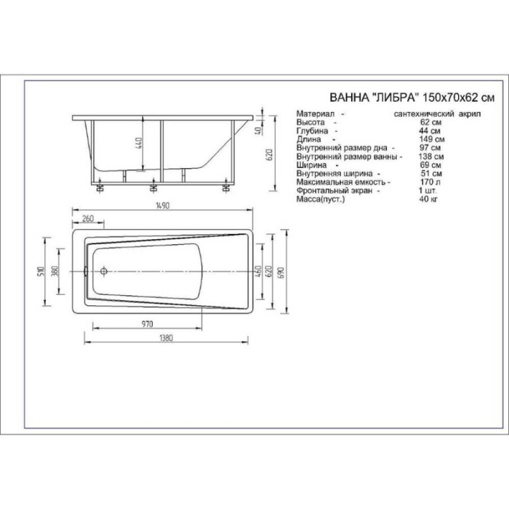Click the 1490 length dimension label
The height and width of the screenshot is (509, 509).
[x=163, y=206]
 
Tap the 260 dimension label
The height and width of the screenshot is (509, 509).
[x=88, y=218]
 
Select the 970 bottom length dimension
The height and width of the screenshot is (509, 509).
[x=147, y=324]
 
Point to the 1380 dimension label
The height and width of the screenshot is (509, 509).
[x=166, y=338]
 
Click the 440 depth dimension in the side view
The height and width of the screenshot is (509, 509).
[x=138, y=143]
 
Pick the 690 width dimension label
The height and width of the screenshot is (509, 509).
[x=281, y=272]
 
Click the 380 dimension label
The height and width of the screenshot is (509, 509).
[x=55, y=271]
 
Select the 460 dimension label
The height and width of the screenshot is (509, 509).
[x=259, y=271]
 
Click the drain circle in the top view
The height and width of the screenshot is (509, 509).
[x=104, y=271]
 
